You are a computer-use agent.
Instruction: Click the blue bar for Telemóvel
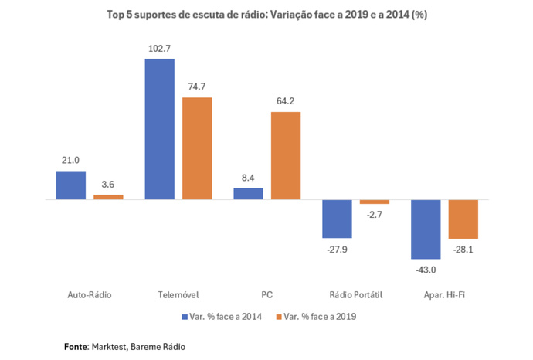159,129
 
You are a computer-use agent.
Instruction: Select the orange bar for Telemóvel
197,148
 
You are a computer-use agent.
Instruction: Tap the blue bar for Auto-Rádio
70,185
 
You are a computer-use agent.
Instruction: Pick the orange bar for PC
286,155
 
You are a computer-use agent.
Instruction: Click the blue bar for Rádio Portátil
337,219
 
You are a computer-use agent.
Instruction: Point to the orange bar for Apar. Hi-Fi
463,219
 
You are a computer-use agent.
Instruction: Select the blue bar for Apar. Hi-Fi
426,229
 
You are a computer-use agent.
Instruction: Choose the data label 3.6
108,185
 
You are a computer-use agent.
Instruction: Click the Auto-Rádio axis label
90,295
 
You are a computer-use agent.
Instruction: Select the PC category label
267,295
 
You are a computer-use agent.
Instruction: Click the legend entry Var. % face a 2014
225,317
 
